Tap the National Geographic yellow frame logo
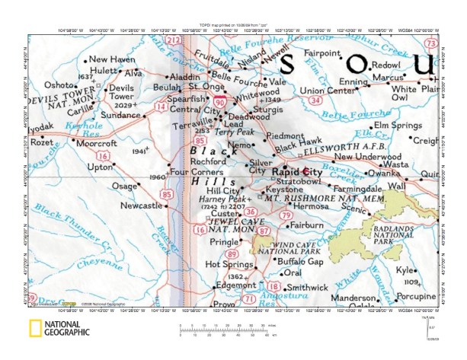[34, 329]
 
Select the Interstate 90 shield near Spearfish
[220, 100]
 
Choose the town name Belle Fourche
[235, 76]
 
